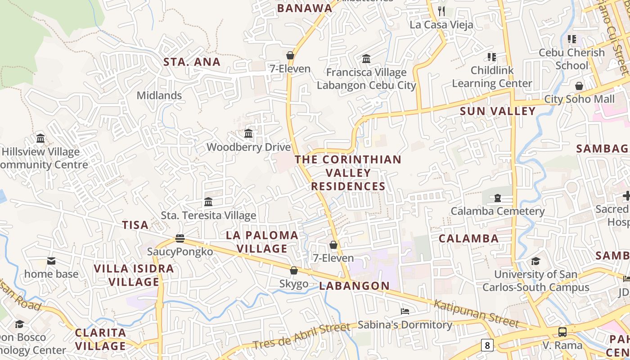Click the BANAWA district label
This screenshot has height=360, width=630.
(305, 8)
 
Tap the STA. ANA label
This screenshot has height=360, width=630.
(192, 62)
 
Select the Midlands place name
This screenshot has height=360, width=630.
(159, 95)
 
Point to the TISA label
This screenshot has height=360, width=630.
(135, 225)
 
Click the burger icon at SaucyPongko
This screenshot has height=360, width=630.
(180, 238)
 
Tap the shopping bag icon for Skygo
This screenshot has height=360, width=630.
(294, 270)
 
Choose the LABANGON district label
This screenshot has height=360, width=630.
(355, 286)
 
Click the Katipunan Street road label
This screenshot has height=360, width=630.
(477, 314)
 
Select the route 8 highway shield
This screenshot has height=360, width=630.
(486, 345)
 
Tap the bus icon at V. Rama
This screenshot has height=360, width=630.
(562, 332)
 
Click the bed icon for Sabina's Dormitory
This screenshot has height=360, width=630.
(405, 311)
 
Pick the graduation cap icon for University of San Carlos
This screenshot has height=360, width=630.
(535, 261)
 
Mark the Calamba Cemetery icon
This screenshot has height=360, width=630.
(498, 198)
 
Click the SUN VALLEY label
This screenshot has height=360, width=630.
(498, 111)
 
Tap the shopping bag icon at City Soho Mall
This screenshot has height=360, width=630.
(579, 85)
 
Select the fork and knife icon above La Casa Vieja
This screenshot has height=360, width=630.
(441, 11)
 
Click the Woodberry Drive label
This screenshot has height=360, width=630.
(248, 147)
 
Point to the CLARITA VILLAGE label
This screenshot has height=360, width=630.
(101, 339)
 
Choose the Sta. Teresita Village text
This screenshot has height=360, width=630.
(208, 216)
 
